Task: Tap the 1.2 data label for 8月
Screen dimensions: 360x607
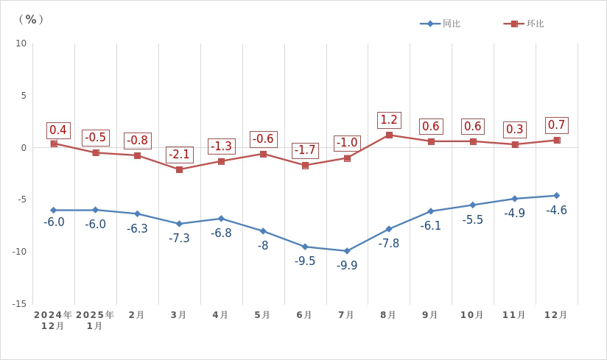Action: click(x=389, y=120)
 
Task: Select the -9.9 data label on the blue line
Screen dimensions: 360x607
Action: click(x=347, y=266)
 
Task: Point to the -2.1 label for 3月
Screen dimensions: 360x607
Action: click(x=179, y=155)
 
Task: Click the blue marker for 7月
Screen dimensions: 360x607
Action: click(x=347, y=251)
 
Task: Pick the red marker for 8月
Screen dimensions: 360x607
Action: click(x=389, y=135)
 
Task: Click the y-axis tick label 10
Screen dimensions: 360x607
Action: click(x=21, y=43)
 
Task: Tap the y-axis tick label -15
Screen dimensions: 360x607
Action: click(x=18, y=304)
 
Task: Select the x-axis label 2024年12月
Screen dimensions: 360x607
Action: click(x=53, y=320)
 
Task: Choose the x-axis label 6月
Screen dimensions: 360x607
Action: click(x=304, y=315)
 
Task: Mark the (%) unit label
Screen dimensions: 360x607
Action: click(x=31, y=19)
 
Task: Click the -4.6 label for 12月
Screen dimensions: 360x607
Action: click(x=556, y=211)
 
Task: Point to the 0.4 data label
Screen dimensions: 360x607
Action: click(x=58, y=130)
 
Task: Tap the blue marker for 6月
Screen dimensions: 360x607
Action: click(x=305, y=247)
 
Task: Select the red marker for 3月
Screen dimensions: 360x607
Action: click(x=179, y=169)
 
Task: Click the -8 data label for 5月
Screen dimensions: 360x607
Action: click(x=263, y=246)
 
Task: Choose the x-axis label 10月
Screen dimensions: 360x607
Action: click(x=472, y=315)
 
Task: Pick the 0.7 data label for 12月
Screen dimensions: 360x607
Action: click(x=556, y=125)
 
